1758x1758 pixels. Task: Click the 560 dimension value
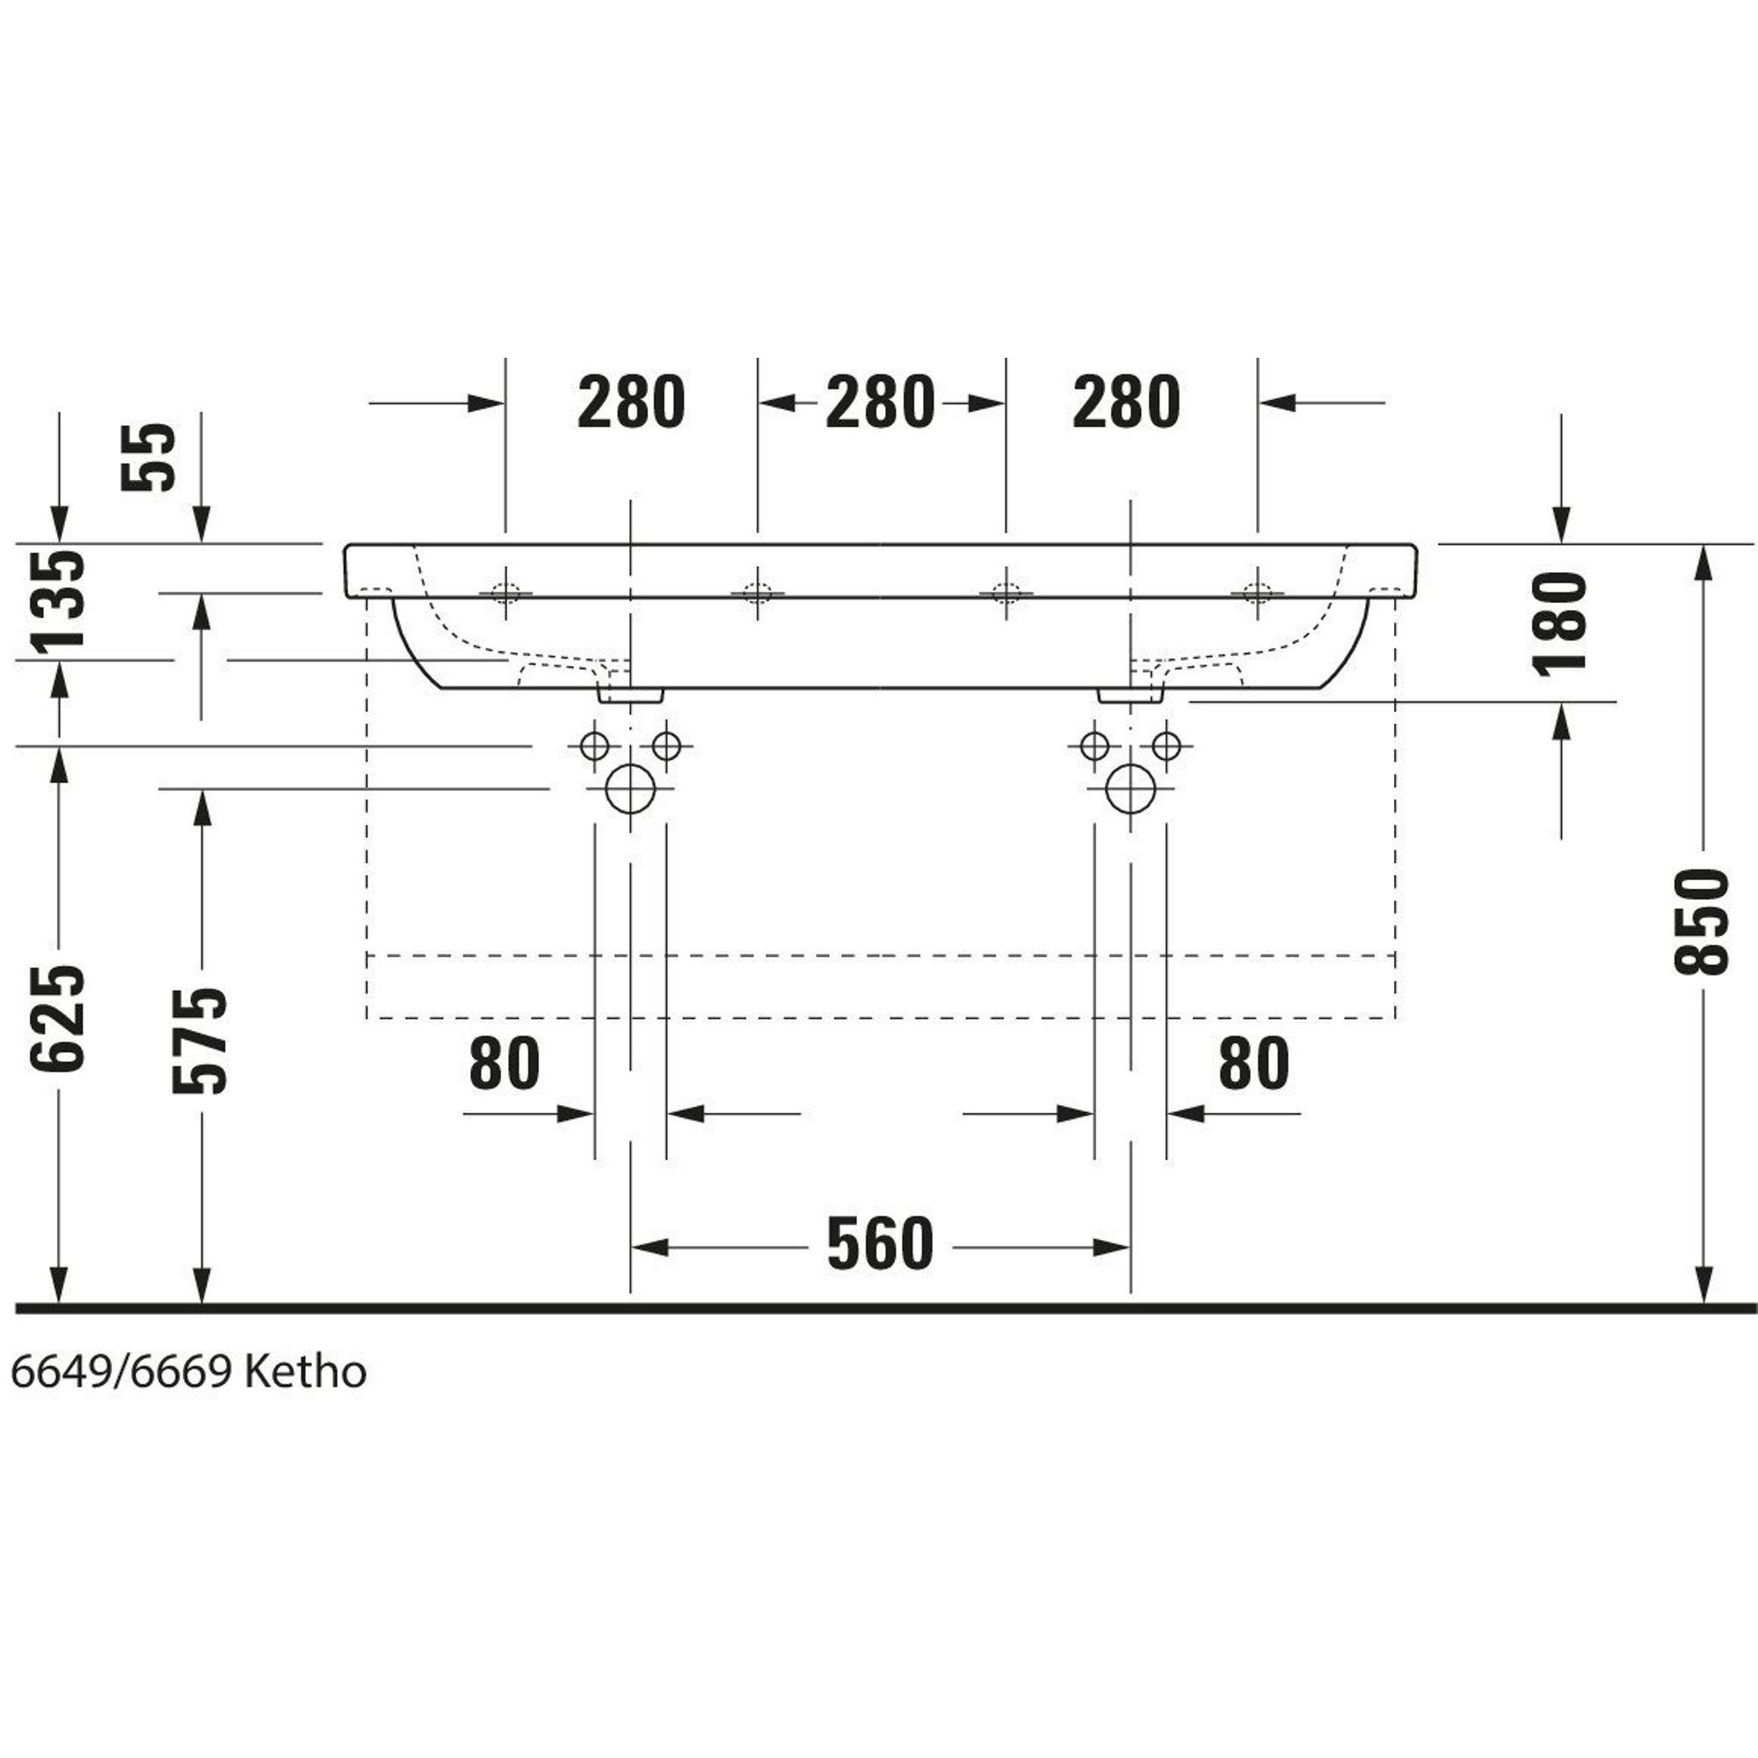(x=880, y=1244)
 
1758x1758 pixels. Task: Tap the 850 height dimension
(x=1701, y=920)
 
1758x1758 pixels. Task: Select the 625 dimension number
(x=57, y=1017)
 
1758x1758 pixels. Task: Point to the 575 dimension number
(x=200, y=1040)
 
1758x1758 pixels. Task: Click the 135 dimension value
(x=57, y=602)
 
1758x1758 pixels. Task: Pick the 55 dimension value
(x=148, y=458)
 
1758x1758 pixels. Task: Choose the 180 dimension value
(x=1560, y=624)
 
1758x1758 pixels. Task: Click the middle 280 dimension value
(x=880, y=403)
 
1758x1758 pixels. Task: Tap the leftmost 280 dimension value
(x=630, y=403)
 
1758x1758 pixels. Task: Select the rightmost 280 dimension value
(x=1127, y=403)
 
